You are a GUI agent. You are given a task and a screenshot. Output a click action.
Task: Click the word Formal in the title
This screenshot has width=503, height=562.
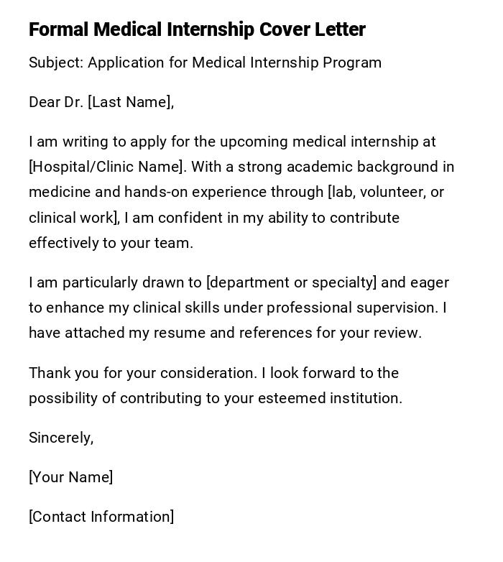tap(58, 29)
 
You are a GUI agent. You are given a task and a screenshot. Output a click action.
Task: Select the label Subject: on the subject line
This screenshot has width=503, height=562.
tap(56, 63)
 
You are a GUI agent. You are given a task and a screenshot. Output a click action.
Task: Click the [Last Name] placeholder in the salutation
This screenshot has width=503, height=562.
tap(130, 102)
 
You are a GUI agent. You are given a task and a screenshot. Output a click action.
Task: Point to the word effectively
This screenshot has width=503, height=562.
tap(63, 243)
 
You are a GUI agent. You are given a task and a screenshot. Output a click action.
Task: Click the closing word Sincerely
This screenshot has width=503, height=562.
tap(60, 438)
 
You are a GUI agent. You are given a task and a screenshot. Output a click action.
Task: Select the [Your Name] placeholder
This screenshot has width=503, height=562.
tap(70, 477)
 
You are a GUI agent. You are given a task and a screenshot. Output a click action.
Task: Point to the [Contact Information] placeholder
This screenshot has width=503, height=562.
tap(101, 517)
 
